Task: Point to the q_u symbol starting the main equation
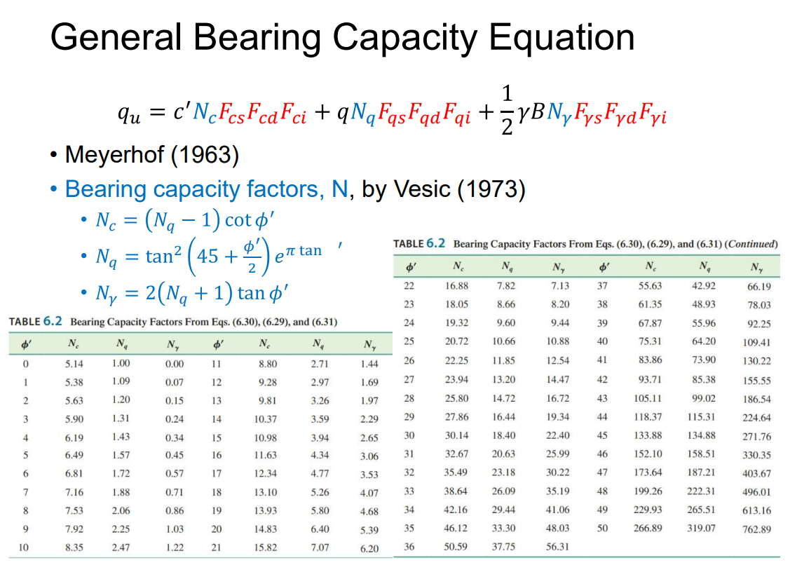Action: [132, 114]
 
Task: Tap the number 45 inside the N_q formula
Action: [207, 256]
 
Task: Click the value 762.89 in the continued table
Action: [756, 529]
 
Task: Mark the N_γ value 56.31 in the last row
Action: [557, 547]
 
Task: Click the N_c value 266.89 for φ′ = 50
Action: [648, 528]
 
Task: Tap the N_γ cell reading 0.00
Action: [175, 365]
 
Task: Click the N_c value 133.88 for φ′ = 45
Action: [648, 435]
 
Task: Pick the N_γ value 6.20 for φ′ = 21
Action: [369, 549]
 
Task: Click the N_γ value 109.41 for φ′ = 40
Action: [756, 343]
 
